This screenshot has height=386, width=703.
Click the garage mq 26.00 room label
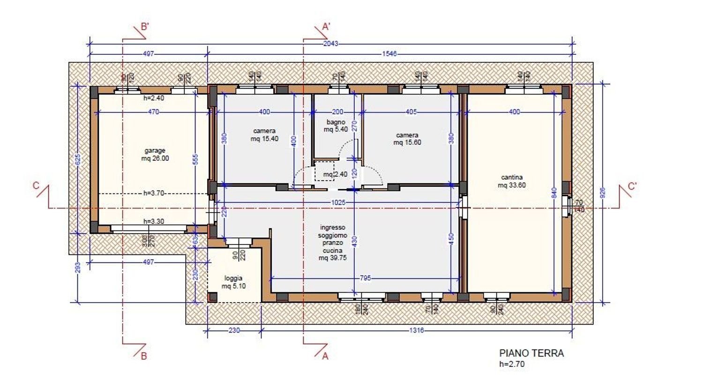[x=155, y=155]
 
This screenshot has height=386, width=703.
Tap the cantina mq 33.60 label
[x=512, y=181]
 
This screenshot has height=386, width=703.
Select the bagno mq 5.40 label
[x=336, y=126]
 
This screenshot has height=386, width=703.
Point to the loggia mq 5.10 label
[x=233, y=282]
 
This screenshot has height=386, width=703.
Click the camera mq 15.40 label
[x=264, y=135]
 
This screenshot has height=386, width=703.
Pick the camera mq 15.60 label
[x=407, y=139]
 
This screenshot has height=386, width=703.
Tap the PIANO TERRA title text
[x=531, y=353]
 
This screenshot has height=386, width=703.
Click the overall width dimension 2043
[x=331, y=44]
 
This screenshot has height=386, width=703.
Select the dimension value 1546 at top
[x=389, y=54]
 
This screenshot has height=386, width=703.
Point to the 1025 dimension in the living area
[x=338, y=203]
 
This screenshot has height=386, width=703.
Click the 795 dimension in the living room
[x=365, y=278]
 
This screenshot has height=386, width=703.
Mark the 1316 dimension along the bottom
[x=416, y=330]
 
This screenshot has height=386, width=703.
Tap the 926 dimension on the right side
[x=603, y=193]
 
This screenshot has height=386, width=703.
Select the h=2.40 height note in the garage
[x=154, y=98]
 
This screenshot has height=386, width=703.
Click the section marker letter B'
[x=145, y=27]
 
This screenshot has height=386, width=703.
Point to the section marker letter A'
[x=326, y=27]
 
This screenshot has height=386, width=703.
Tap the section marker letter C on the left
[x=36, y=186]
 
